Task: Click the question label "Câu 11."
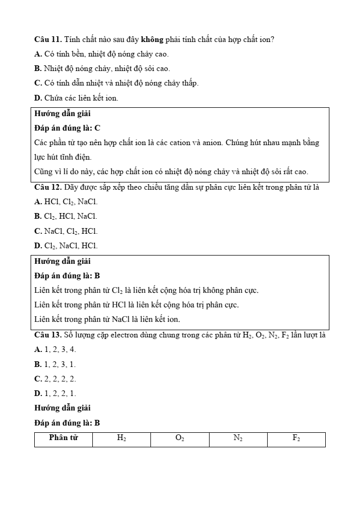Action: [48, 39]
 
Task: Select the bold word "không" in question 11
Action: [152, 39]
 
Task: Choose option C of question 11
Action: [116, 83]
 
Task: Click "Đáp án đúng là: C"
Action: [67, 128]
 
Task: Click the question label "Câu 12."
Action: [48, 187]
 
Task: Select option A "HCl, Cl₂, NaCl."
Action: [66, 202]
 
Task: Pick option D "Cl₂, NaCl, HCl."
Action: [66, 246]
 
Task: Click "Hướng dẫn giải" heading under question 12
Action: [62, 261]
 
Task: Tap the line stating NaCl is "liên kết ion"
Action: [107, 319]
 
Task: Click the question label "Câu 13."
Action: [48, 335]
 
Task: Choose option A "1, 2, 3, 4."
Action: [55, 350]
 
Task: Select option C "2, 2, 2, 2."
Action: [55, 379]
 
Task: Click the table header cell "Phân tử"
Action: [63, 439]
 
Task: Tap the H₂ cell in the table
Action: [121, 439]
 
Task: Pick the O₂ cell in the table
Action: [179, 439]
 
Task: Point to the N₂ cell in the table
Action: [238, 439]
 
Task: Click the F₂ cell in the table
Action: [296, 439]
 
